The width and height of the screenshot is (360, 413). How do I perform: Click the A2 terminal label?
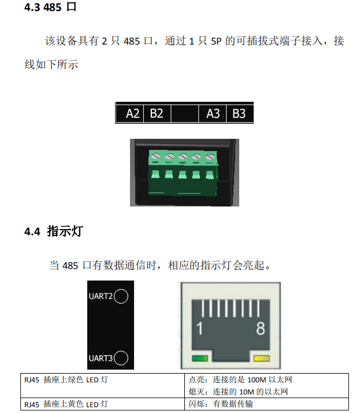point(133,113)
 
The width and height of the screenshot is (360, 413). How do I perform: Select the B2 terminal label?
point(157,113)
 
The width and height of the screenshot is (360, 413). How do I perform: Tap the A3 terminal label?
point(213,113)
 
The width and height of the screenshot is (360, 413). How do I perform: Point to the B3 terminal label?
point(239,113)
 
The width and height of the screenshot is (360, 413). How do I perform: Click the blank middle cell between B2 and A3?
point(185,113)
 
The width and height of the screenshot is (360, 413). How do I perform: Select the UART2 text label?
point(101,296)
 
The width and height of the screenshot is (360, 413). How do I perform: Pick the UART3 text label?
point(101,358)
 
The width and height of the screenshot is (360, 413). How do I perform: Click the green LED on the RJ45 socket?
point(200,358)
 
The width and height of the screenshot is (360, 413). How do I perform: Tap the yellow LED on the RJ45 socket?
point(262,358)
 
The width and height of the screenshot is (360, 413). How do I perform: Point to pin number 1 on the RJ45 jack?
point(199,329)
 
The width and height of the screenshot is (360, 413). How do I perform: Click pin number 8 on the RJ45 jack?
point(261,329)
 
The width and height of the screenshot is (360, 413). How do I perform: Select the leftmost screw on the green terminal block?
point(155,156)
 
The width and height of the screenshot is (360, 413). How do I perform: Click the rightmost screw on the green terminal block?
point(210,157)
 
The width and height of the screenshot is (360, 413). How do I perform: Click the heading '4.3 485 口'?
point(50,7)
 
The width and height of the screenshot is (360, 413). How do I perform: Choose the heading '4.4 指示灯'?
point(54,231)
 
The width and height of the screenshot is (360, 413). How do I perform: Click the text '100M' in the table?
point(257,380)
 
